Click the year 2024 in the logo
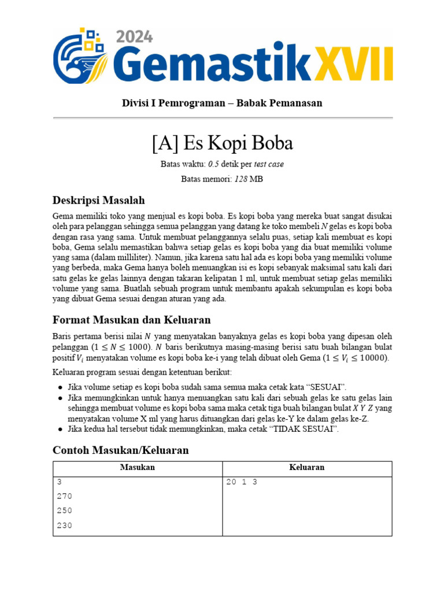135,36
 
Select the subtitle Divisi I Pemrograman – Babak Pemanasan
222,103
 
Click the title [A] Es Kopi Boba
222,143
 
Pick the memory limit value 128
240,179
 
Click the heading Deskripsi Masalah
98,201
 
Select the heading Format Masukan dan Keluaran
131,320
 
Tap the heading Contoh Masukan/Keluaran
120,450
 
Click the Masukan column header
138,467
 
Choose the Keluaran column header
307,467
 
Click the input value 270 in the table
65,496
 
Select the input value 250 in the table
65,511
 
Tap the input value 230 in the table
65,526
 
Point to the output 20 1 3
241,482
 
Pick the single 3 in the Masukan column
60,482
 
